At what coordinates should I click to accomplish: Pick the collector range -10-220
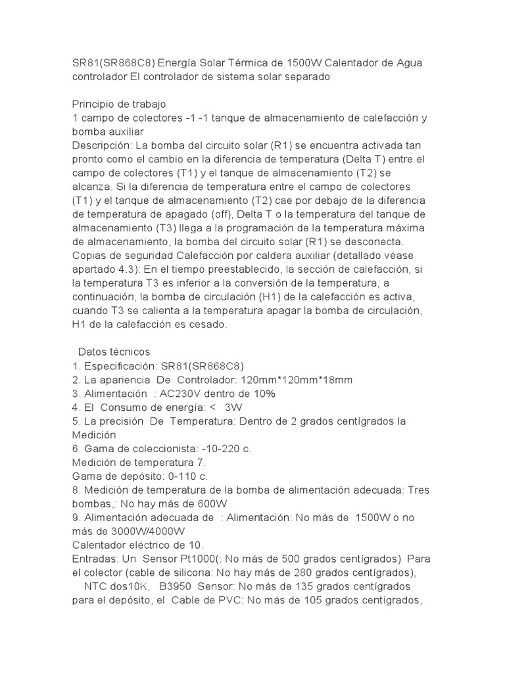point(214,449)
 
